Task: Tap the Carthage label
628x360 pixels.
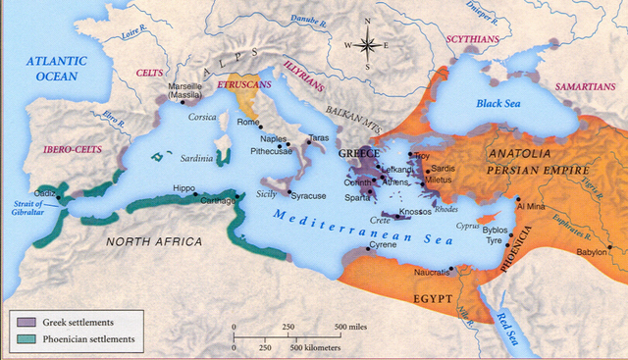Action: (x=217, y=199)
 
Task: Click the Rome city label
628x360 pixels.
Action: (x=249, y=123)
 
